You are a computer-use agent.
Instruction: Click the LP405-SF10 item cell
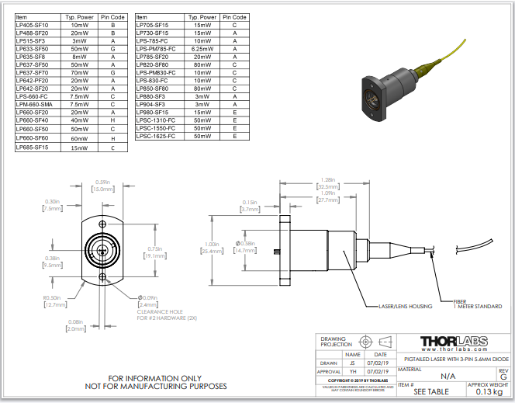pyautogui.click(x=32, y=25)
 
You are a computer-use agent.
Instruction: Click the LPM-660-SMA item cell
pyautogui.click(x=34, y=104)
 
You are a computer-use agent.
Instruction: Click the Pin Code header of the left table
pyautogui.click(x=113, y=16)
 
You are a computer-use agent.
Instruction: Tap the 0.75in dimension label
pyautogui.click(x=155, y=252)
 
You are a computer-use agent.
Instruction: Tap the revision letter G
pyautogui.click(x=503, y=376)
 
